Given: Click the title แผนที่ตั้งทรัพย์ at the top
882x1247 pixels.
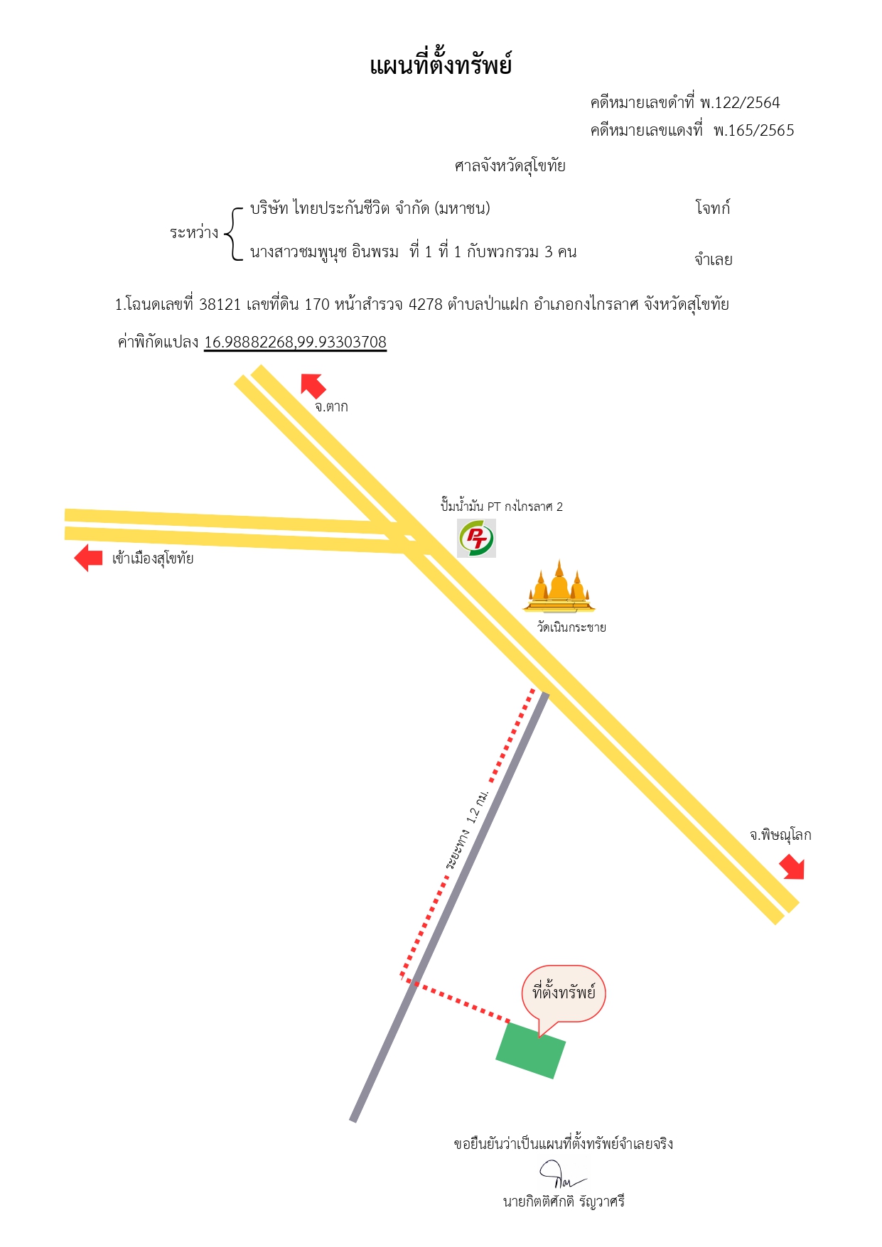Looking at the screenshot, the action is pos(441,65).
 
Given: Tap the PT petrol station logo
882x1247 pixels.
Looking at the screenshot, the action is pos(476,538).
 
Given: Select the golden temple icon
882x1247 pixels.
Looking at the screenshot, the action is pos(559,586).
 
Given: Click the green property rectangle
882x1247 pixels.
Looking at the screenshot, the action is pos(530,1050).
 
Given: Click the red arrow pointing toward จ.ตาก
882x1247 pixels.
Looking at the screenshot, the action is pos(313,385).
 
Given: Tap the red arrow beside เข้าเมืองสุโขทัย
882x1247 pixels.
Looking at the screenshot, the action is pos(89,558).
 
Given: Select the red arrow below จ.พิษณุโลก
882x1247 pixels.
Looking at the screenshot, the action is pos(792,867).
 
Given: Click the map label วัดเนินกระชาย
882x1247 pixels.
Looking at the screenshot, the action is pos(571,627).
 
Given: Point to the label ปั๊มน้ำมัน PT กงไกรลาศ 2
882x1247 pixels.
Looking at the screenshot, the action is pos(502,507).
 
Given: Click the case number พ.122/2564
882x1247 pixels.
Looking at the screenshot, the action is pos(740,103).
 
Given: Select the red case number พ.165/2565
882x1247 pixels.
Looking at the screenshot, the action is pos(754,131).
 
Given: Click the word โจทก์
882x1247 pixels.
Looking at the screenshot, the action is pos(713,207).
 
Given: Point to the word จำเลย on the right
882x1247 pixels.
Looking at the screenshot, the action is pos(714,259).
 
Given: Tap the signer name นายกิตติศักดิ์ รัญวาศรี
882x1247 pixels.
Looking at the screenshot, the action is pos(564,1202).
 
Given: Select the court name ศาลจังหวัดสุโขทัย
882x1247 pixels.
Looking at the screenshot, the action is pos(510,166).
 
